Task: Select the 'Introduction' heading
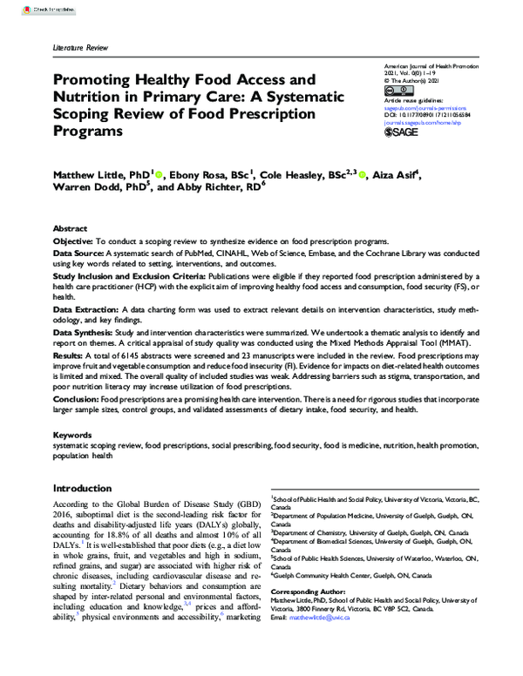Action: (91, 488)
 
